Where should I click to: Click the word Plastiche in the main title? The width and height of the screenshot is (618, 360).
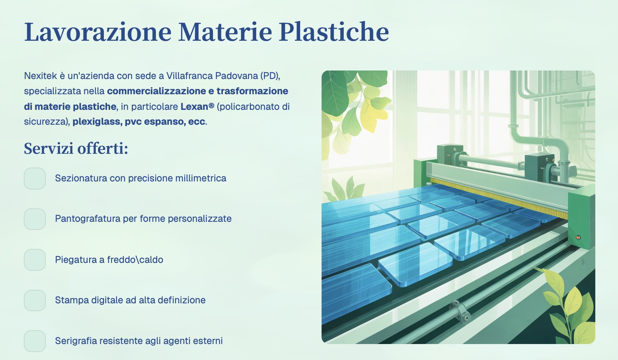tap(334, 32)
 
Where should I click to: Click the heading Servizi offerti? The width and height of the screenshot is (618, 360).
tap(76, 148)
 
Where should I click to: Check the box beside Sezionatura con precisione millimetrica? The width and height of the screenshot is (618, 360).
tap(35, 179)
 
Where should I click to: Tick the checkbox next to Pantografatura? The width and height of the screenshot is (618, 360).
tap(35, 219)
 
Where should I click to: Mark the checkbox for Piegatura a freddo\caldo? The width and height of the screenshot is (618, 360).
tap(35, 260)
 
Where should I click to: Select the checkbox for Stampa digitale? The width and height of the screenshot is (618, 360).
tap(35, 300)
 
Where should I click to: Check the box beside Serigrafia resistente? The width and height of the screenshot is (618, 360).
tap(35, 341)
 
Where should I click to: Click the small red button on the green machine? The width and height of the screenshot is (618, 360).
tap(578, 237)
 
